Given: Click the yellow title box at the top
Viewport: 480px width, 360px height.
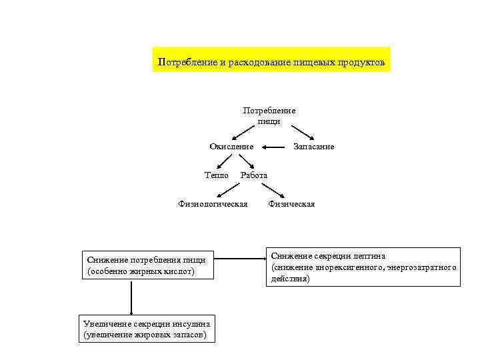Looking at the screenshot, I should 271,62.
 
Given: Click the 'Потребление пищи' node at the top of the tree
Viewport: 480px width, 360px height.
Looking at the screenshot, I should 269,116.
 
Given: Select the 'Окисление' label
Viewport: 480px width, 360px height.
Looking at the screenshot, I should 231,147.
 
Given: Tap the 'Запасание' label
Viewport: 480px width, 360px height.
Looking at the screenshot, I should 314,147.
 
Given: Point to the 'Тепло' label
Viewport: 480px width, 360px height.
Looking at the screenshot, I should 216,175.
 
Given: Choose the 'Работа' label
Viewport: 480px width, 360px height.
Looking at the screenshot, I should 254,175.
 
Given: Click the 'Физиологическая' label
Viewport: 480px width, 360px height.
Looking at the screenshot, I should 213,204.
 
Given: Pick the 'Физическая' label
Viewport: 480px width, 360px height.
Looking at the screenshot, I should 291,204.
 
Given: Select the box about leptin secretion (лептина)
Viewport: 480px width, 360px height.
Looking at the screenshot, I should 363,267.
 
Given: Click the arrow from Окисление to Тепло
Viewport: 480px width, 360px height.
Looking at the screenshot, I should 225,161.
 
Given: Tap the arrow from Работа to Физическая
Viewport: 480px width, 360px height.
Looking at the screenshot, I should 273,190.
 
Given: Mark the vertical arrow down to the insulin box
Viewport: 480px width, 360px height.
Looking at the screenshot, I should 132,297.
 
